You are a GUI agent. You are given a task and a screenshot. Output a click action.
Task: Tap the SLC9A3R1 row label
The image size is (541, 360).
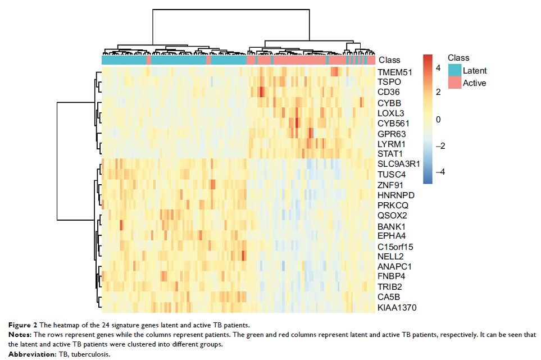[398, 163]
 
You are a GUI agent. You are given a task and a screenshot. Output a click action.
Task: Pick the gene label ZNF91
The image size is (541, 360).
[390, 184]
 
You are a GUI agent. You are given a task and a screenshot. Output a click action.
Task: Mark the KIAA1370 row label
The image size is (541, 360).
[397, 307]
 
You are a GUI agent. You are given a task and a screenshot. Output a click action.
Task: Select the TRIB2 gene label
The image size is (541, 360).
[390, 286]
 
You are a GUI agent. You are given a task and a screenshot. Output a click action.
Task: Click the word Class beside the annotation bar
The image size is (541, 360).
[389, 60]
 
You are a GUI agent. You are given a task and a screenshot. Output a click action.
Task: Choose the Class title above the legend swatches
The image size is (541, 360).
[458, 57]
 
